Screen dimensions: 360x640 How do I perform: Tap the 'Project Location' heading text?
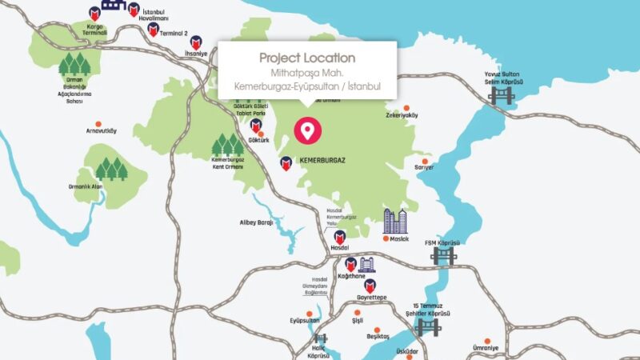pyautogui.click(x=307, y=58)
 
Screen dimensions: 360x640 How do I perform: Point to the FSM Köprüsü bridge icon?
pyautogui.click(x=442, y=256)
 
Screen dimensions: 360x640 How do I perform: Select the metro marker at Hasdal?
pyautogui.click(x=339, y=237)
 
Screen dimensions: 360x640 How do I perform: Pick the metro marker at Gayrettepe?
pyautogui.click(x=370, y=286)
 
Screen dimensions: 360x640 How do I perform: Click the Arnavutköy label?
pyautogui.click(x=101, y=130)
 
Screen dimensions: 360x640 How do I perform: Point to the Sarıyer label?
pyautogui.click(x=424, y=167)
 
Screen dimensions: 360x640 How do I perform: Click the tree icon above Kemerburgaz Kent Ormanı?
pyautogui.click(x=226, y=144)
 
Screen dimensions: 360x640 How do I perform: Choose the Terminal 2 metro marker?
pyautogui.click(x=154, y=30)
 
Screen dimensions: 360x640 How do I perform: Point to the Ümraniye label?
pyautogui.click(x=486, y=348)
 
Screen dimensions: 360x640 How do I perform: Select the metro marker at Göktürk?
pyautogui.click(x=256, y=126)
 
